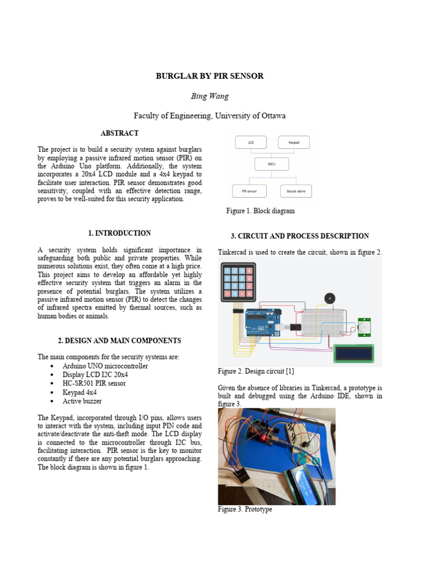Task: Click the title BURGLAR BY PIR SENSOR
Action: pos(210,76)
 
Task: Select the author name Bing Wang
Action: pos(210,96)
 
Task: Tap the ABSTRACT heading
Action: pos(120,133)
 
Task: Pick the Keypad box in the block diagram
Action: pos(294,142)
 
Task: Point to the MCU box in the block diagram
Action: pos(272,164)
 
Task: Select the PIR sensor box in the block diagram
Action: pos(249,191)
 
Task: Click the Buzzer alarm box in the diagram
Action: pos(296,191)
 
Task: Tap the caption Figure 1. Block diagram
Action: pos(260,211)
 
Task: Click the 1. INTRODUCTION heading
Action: pos(120,233)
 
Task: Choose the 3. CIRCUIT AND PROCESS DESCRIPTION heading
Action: pos(300,236)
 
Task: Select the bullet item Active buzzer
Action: pos(82,401)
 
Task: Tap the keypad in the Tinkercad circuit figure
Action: pos(239,282)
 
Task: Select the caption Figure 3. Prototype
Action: pos(245,509)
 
